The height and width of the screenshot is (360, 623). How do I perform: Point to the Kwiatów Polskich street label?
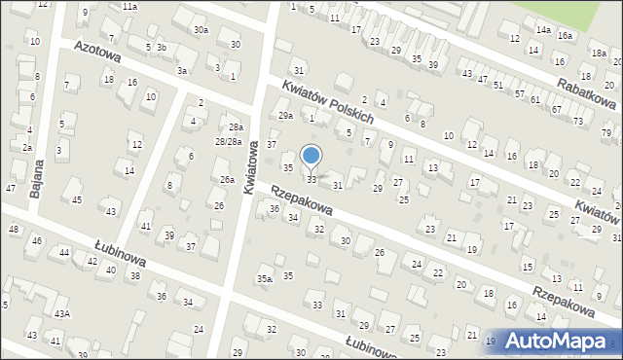point(328,101)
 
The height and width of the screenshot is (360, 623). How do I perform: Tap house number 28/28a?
point(229,142)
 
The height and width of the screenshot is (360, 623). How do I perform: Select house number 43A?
point(61,313)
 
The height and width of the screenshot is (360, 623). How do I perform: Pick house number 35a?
point(264,279)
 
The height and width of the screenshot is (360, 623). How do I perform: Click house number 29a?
point(285,116)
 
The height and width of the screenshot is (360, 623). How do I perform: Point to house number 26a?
point(226,180)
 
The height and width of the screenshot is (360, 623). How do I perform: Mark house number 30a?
point(201,30)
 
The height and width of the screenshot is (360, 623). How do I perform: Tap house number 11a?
point(129,6)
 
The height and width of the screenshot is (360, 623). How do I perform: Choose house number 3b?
point(163,48)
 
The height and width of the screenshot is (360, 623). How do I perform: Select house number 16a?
point(565,35)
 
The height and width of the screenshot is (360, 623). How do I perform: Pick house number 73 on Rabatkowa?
point(578,121)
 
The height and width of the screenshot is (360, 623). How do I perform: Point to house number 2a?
point(27,148)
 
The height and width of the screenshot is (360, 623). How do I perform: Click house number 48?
point(14,230)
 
